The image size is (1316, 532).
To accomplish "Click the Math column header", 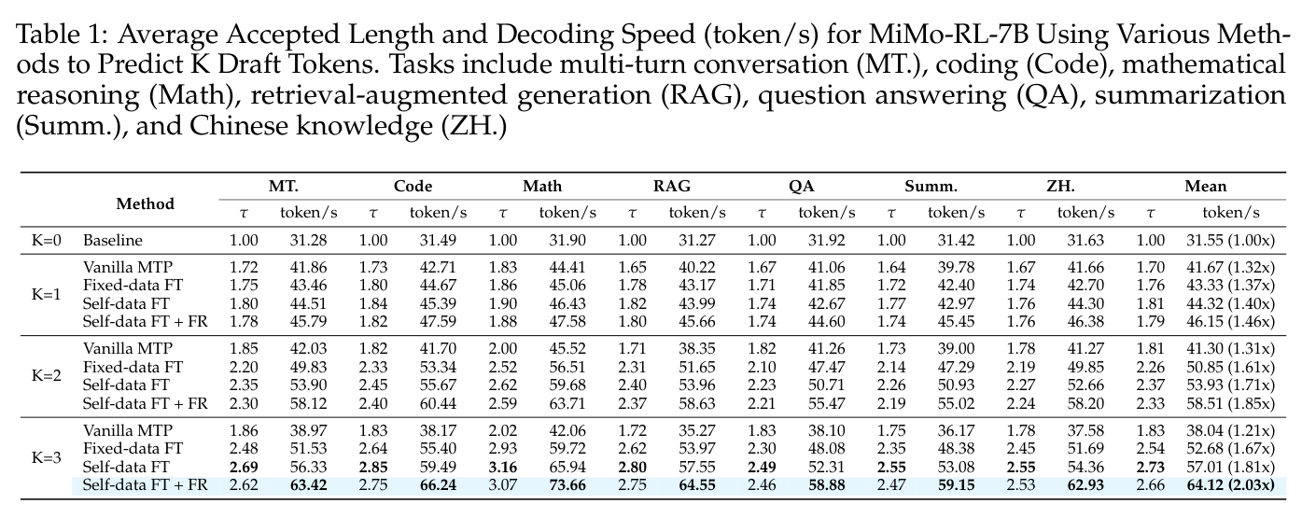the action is (x=542, y=186).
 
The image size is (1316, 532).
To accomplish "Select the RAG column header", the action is (x=671, y=186).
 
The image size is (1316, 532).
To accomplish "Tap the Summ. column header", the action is (x=931, y=186).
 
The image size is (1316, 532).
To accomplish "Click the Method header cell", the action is (x=145, y=203).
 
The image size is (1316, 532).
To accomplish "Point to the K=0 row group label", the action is (x=47, y=240).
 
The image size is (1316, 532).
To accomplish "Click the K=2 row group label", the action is (x=47, y=375).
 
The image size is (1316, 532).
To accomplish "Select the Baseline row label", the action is (x=113, y=240).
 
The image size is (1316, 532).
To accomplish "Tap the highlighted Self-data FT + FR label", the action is (x=145, y=485).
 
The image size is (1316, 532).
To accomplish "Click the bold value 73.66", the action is (x=567, y=485).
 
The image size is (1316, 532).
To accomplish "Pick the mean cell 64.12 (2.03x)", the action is (x=1231, y=485).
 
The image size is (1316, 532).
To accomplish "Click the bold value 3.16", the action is (x=503, y=467).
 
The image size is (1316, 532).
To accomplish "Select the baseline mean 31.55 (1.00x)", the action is (x=1231, y=240).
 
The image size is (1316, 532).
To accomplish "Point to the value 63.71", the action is (x=567, y=403).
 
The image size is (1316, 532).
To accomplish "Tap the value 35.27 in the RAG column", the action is (x=697, y=430).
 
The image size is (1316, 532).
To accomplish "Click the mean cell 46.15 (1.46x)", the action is (x=1231, y=321).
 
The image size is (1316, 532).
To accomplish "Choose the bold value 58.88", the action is (x=827, y=485).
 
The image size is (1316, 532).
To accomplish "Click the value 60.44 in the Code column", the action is (x=438, y=403).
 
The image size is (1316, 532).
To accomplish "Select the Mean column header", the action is (x=1206, y=186).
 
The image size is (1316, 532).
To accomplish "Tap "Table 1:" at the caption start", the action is (x=62, y=34).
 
